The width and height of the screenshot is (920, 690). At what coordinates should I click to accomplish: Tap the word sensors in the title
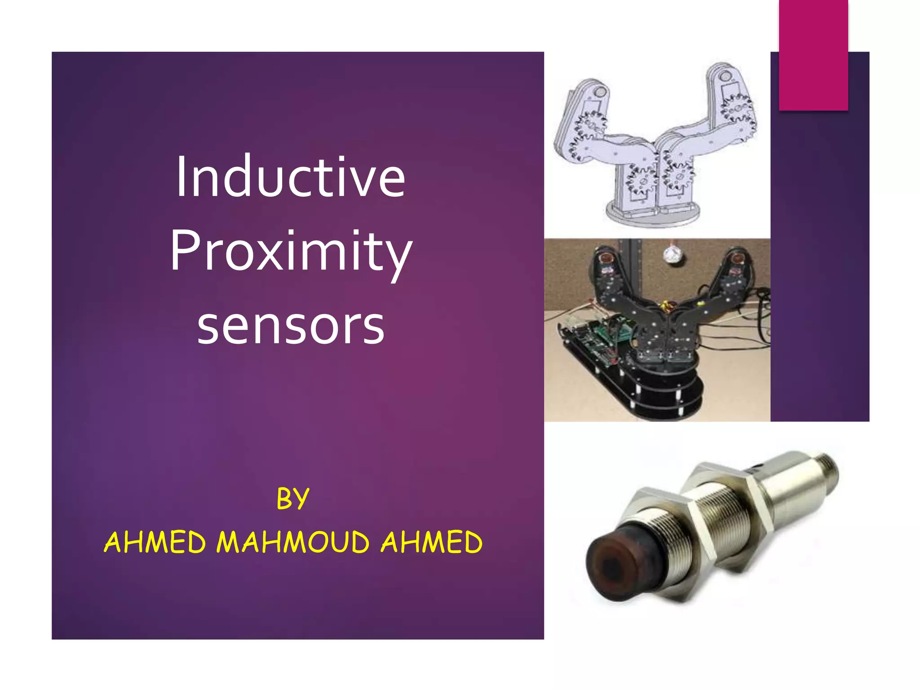[291, 325]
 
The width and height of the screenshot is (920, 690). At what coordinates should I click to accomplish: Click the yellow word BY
[293, 499]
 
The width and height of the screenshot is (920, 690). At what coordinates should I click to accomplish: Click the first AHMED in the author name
[155, 542]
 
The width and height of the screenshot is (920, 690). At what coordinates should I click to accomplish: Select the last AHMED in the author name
[432, 542]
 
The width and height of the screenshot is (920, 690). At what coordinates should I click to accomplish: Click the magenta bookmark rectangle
[813, 55]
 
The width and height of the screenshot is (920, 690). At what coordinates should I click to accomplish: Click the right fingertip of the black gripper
[737, 260]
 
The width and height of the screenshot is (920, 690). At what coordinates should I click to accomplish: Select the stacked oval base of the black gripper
[665, 395]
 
